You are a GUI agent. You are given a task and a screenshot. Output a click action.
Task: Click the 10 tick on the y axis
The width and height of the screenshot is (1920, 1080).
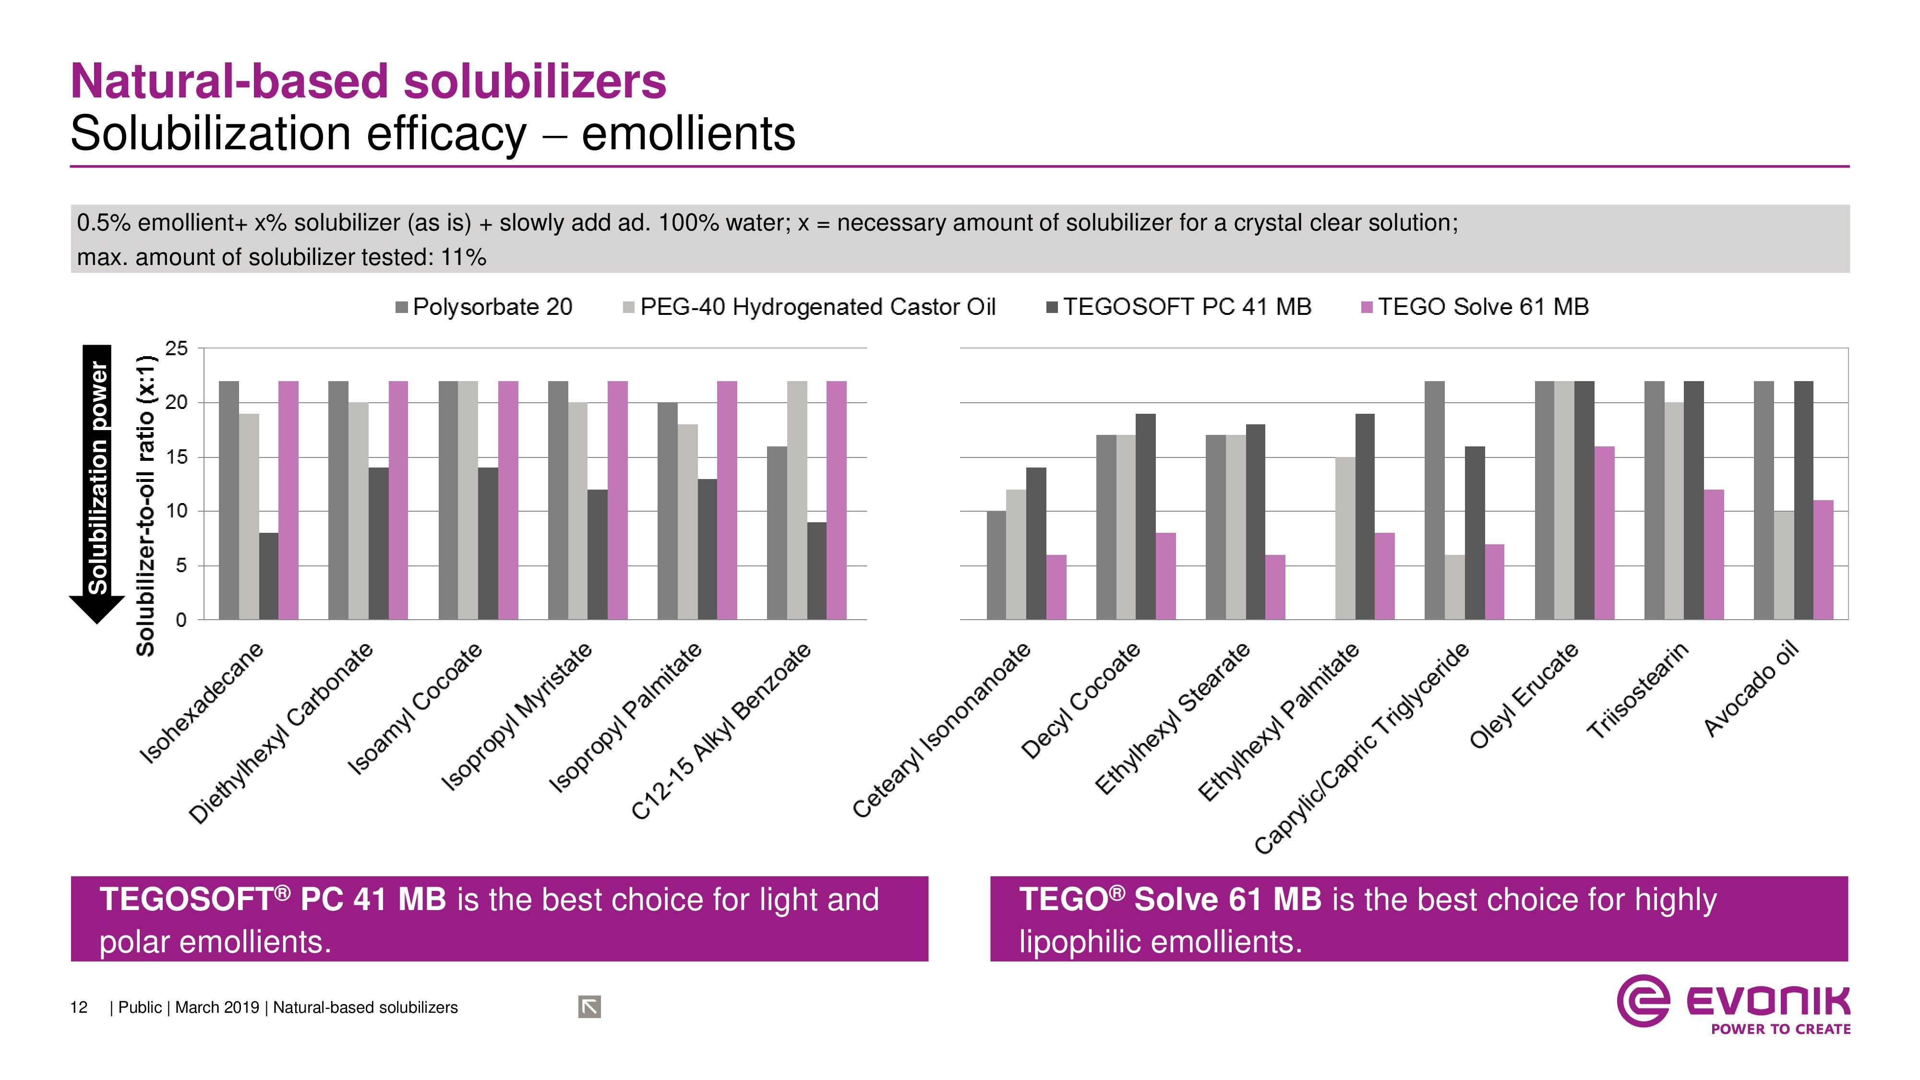[177, 511]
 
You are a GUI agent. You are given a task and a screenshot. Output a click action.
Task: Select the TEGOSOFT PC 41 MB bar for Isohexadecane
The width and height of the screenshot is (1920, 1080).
[268, 576]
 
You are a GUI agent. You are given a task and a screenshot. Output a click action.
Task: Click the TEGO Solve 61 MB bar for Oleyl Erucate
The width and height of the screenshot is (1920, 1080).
[1604, 533]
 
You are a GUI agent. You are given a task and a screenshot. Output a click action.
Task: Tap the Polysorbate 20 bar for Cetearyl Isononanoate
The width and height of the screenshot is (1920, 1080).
[996, 565]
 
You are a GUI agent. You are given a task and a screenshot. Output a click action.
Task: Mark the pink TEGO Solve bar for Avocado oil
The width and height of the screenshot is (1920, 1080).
[1823, 559]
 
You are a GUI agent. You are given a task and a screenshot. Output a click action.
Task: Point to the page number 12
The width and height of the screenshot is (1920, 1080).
[78, 1008]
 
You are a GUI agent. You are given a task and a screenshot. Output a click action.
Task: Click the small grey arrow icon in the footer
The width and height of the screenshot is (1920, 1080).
[589, 1007]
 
